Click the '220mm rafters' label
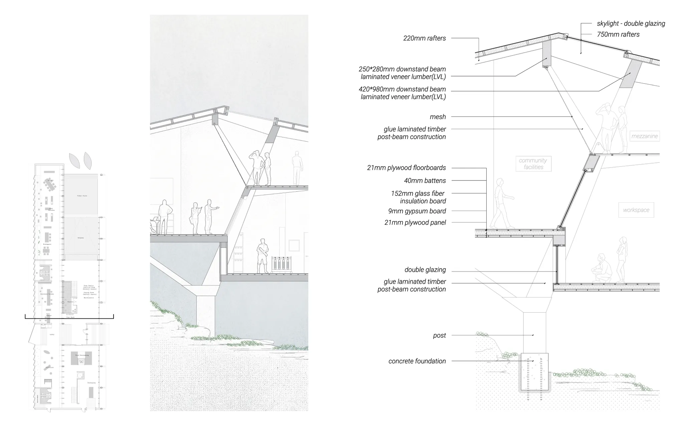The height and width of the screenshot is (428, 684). click(x=424, y=38)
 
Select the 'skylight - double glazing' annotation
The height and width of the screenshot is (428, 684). click(x=631, y=23)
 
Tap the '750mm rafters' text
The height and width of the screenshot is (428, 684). click(x=618, y=34)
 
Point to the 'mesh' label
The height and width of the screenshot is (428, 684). click(x=438, y=117)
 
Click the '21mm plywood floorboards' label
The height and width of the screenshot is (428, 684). click(x=406, y=168)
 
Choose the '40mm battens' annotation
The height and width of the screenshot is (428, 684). click(x=425, y=181)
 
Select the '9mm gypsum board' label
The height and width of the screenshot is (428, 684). click(x=417, y=211)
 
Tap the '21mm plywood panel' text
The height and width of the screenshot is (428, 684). click(x=415, y=222)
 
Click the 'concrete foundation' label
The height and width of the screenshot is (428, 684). click(x=417, y=361)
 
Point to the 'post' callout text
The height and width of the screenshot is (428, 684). click(x=439, y=335)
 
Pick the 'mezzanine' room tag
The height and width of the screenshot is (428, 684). click(x=644, y=136)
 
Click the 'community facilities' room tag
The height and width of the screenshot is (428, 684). click(x=533, y=164)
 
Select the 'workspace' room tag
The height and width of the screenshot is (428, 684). click(x=636, y=210)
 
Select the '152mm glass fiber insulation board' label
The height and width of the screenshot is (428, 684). click(x=418, y=197)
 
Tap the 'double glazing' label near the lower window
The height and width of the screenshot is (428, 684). click(x=425, y=270)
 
